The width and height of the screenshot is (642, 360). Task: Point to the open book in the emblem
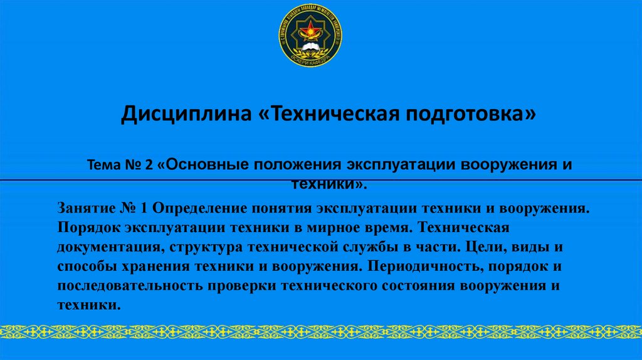(310, 46)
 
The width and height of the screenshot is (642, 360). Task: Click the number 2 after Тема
(149, 165)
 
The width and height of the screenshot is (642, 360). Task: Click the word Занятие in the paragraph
(86, 208)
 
